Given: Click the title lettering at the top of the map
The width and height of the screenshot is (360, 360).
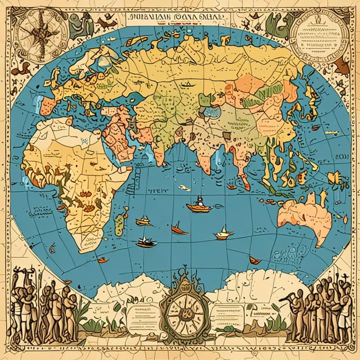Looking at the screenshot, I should coord(178,17).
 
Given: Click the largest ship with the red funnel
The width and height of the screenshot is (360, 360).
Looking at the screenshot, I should coord(199,206).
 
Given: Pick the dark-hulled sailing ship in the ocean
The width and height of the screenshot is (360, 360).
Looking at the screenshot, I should coord(146,242).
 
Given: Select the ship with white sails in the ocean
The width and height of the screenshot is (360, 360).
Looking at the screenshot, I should coord(224,232).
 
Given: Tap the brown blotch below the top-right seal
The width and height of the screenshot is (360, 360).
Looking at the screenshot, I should coord(341,67).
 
